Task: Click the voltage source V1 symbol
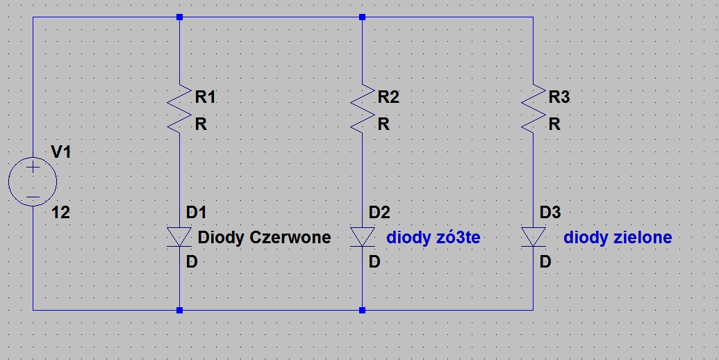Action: (33, 181)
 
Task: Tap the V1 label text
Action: (60, 152)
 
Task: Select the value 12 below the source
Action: (60, 213)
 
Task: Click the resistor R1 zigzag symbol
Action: (179, 108)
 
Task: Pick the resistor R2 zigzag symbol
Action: (362, 108)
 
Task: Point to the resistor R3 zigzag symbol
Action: (533, 108)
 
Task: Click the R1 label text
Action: (205, 97)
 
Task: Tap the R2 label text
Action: (388, 97)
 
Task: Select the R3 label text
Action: (559, 97)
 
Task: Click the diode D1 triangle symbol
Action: (179, 237)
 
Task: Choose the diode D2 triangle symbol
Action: (362, 237)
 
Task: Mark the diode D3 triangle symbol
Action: (533, 237)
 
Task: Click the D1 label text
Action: (197, 213)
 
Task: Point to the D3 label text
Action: (550, 213)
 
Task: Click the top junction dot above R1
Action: (179, 17)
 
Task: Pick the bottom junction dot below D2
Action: (362, 310)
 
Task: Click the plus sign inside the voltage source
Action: (33, 167)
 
